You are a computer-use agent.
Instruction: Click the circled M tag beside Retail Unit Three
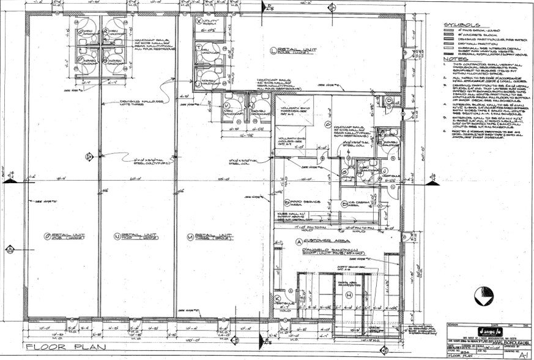pyautogui.click(x=191, y=236)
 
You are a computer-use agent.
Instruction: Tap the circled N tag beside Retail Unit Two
pyautogui.click(x=117, y=236)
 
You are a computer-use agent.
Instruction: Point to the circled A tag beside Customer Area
pyautogui.click(x=299, y=241)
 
